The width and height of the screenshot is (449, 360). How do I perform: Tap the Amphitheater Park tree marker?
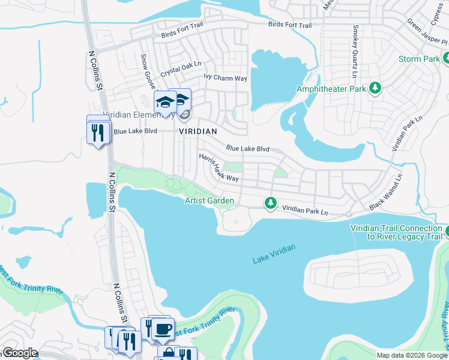(375, 88)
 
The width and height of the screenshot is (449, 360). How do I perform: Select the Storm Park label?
(420, 59)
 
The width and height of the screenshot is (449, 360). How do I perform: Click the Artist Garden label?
(209, 200)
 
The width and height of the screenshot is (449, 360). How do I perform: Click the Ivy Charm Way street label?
(225, 77)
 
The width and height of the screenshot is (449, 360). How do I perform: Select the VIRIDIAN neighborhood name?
(197, 130)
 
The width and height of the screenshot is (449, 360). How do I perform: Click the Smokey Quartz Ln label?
(355, 51)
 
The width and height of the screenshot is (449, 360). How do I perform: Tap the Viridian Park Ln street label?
(305, 211)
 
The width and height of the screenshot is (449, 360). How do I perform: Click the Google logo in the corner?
(19, 353)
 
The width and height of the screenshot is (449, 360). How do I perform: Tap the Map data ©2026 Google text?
(412, 355)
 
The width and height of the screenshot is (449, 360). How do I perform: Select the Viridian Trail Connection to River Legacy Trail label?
(396, 232)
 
